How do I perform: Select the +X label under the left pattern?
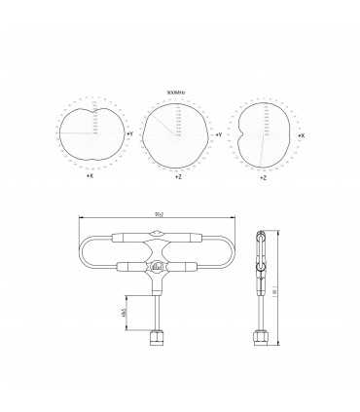[x=90, y=176]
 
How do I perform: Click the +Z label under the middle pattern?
[x=178, y=178]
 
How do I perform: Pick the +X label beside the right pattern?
[x=301, y=135]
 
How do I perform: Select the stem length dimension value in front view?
[x=124, y=312]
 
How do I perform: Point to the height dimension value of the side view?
[x=275, y=289]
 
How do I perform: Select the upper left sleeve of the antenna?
[x=128, y=237]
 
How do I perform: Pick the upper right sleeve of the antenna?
[x=187, y=237]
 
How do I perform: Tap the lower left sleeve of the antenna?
[x=128, y=266]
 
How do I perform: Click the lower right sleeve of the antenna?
[x=187, y=266]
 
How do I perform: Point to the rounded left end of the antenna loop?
[x=84, y=251]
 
